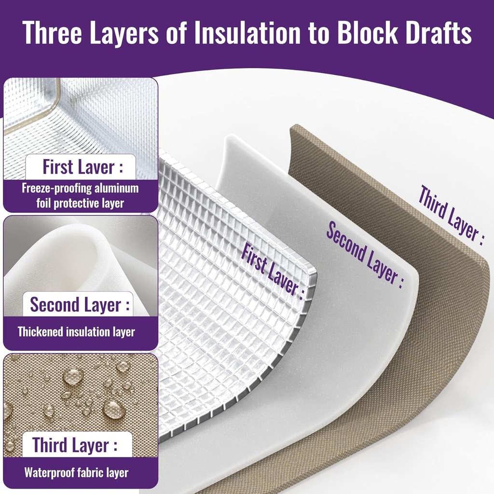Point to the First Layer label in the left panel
[x=82, y=166]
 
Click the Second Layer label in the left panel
[x=80, y=304]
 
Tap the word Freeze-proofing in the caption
[x=57, y=188]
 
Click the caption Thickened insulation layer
[x=76, y=332]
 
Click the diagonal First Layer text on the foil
[x=272, y=271]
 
